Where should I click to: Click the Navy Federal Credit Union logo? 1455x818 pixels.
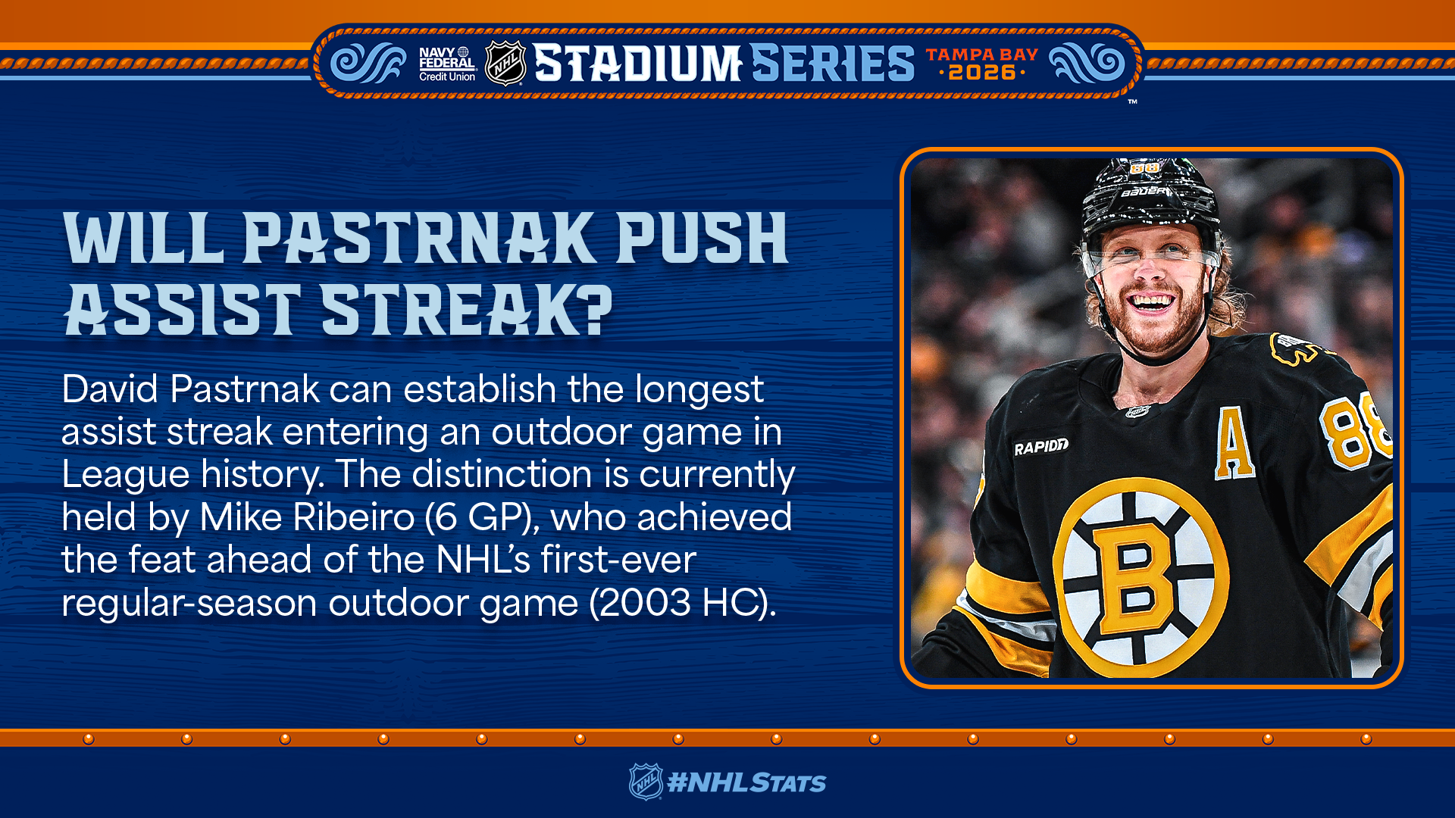(x=447, y=64)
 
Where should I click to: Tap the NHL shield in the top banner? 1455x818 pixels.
(x=505, y=64)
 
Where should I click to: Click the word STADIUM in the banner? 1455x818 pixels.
(x=637, y=63)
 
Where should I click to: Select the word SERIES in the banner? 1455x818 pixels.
(x=833, y=63)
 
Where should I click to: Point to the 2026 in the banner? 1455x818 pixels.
(x=982, y=73)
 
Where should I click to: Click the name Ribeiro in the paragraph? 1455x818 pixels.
(x=354, y=517)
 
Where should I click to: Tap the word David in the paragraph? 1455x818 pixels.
(x=110, y=389)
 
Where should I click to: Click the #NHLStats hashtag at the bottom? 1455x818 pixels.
(x=746, y=783)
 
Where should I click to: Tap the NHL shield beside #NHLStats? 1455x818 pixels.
(x=646, y=782)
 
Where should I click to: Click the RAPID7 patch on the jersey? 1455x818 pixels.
(x=1041, y=447)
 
